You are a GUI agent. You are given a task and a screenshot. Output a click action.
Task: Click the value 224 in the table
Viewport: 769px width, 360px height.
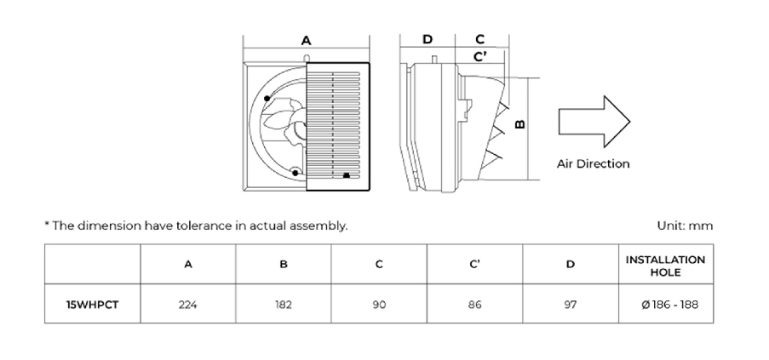[188, 305]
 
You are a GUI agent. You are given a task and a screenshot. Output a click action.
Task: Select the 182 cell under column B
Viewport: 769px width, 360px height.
[284, 305]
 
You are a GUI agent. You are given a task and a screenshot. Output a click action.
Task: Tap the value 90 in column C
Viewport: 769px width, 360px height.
[379, 305]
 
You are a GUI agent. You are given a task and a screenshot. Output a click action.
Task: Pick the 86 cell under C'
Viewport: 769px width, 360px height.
[474, 305]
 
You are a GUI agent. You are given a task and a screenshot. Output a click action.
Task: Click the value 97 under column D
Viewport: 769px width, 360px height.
[571, 305]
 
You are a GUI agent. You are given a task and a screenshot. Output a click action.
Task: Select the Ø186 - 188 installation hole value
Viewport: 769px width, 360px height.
[669, 305]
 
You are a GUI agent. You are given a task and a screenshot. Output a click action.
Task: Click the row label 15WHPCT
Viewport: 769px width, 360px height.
[92, 305]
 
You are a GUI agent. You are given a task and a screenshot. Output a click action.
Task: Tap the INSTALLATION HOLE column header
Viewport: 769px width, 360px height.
[665, 266]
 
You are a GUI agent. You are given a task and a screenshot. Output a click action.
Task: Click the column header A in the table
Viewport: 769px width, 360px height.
[188, 265]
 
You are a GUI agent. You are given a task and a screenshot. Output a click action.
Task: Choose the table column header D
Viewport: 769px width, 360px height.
[571, 265]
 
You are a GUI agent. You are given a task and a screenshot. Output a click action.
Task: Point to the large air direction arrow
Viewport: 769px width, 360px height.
[594, 122]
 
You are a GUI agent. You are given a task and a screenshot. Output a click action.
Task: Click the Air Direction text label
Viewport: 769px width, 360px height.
[593, 163]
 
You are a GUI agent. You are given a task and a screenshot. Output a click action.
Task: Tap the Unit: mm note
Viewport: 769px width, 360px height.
[685, 226]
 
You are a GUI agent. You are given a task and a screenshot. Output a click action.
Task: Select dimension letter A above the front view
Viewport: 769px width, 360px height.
[306, 41]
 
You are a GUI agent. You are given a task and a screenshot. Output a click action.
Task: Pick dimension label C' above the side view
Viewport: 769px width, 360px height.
[480, 57]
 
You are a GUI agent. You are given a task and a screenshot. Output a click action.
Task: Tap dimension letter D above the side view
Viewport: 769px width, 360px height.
[428, 39]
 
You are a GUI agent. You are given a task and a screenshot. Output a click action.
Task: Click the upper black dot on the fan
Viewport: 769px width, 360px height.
[267, 99]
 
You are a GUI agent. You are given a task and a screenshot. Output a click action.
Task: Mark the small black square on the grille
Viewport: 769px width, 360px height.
[347, 174]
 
